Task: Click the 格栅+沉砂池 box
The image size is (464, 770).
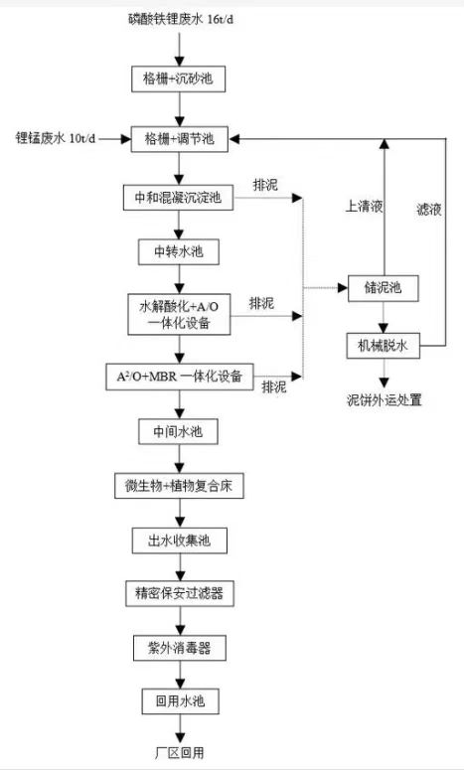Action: (x=178, y=78)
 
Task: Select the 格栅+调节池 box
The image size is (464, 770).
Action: (x=179, y=139)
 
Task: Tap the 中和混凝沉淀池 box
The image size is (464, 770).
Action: (x=178, y=198)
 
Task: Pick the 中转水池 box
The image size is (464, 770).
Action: (x=179, y=252)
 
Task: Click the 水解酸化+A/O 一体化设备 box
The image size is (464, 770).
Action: (x=179, y=315)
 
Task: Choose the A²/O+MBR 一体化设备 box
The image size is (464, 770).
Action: (x=181, y=378)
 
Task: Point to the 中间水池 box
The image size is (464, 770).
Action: (x=178, y=431)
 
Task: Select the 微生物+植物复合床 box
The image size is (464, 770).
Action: (x=179, y=486)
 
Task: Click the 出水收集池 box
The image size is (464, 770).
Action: (x=179, y=540)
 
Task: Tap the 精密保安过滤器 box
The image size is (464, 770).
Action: (x=180, y=593)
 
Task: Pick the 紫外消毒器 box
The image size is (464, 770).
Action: (x=180, y=648)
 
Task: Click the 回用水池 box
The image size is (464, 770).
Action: (x=180, y=701)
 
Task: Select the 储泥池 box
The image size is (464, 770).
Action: (x=383, y=288)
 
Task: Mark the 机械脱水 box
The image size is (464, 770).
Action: (x=383, y=346)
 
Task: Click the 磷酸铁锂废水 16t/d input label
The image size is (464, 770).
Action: (x=181, y=21)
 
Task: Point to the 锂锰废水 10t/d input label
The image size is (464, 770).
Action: (x=56, y=138)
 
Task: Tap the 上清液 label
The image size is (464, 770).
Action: (x=365, y=207)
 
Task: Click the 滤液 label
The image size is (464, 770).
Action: (x=429, y=210)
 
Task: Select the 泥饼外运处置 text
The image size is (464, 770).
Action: (x=385, y=400)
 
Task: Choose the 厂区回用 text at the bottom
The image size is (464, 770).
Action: (x=180, y=753)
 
